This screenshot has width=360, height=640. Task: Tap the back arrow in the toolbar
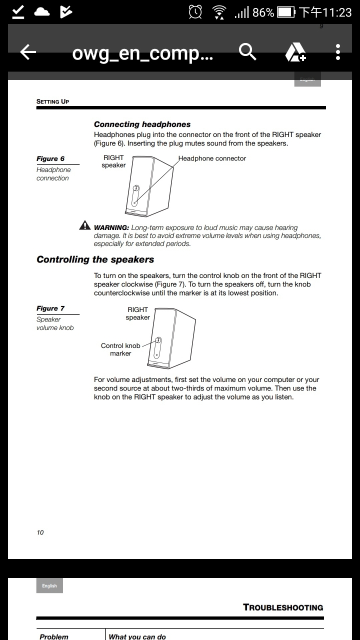pos(28,52)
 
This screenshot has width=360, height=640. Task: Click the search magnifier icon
pos(247,51)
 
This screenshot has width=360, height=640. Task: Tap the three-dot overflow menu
pos(338,52)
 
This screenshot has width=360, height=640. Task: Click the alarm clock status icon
pos(195,12)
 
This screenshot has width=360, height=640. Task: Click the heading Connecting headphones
pos(142,124)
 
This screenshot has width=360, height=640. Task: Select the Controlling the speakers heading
pos(95,259)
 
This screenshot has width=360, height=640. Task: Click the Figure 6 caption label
pos(50,158)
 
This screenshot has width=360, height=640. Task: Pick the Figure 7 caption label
pos(50,308)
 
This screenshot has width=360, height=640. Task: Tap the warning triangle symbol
pos(85,225)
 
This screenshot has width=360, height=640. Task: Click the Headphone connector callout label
pos(212,158)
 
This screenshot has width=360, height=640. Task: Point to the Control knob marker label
pos(120,349)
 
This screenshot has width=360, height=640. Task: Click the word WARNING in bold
pos(111,227)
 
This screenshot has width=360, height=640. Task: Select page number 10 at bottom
pos(40,532)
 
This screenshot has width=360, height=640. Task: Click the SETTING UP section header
pos(52,101)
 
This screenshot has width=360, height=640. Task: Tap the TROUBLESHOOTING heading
pos(283,607)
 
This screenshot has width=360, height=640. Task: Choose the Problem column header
pos(54,636)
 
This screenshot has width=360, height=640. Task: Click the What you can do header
pos(137,636)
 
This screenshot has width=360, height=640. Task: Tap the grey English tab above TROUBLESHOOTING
pos(49,585)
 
